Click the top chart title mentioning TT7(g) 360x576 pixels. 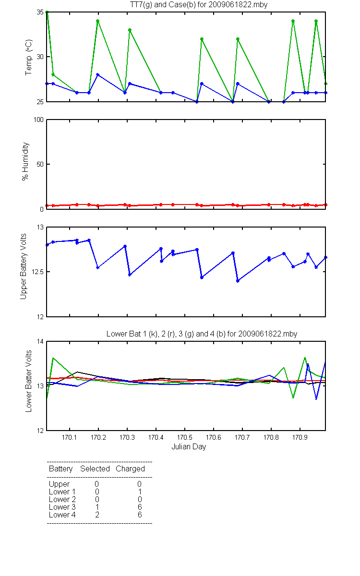[x=199, y=5]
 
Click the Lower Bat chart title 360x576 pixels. [x=202, y=334]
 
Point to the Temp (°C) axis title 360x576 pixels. [x=28, y=57]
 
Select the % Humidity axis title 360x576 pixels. [x=25, y=161]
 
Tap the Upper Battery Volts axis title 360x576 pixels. [x=24, y=266]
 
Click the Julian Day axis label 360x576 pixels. [x=189, y=447]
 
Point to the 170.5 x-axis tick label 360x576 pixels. [x=185, y=437]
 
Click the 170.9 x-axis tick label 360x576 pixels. [x=300, y=437]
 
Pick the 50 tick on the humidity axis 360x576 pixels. [x=40, y=164]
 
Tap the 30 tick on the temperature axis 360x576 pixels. [x=40, y=57]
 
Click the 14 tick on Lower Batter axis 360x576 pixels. [x=40, y=341]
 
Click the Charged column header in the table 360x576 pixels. [x=131, y=469]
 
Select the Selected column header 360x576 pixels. [x=95, y=468]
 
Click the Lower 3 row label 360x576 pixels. [x=62, y=507]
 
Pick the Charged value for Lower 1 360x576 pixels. [x=140, y=492]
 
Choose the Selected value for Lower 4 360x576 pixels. [x=97, y=515]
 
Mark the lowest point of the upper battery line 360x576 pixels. [x=238, y=281]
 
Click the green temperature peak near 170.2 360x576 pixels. [x=98, y=21]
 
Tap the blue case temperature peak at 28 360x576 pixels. [x=98, y=74]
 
